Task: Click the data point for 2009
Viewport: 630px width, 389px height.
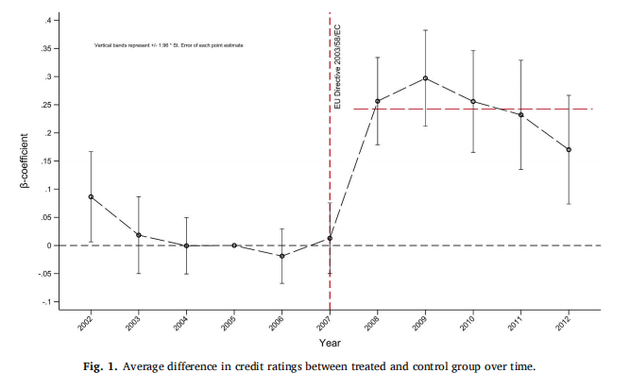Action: point(425,78)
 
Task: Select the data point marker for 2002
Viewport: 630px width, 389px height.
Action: point(91,196)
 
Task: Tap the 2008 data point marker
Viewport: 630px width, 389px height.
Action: point(377,101)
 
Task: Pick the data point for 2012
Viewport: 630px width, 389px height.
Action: point(569,149)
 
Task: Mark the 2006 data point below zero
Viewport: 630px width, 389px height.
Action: point(281,256)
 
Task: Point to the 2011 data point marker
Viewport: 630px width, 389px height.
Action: point(520,114)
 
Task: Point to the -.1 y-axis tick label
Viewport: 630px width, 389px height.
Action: point(56,301)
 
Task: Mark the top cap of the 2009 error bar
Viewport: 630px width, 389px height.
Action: point(425,30)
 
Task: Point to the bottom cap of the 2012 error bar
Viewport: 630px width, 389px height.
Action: point(569,203)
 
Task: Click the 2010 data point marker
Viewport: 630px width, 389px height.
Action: point(472,101)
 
